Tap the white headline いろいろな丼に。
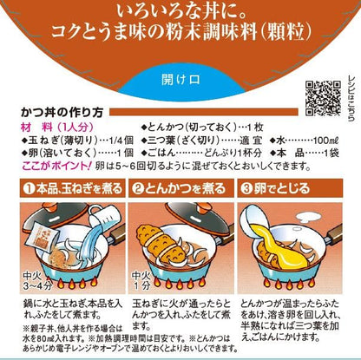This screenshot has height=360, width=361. point(180,11)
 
